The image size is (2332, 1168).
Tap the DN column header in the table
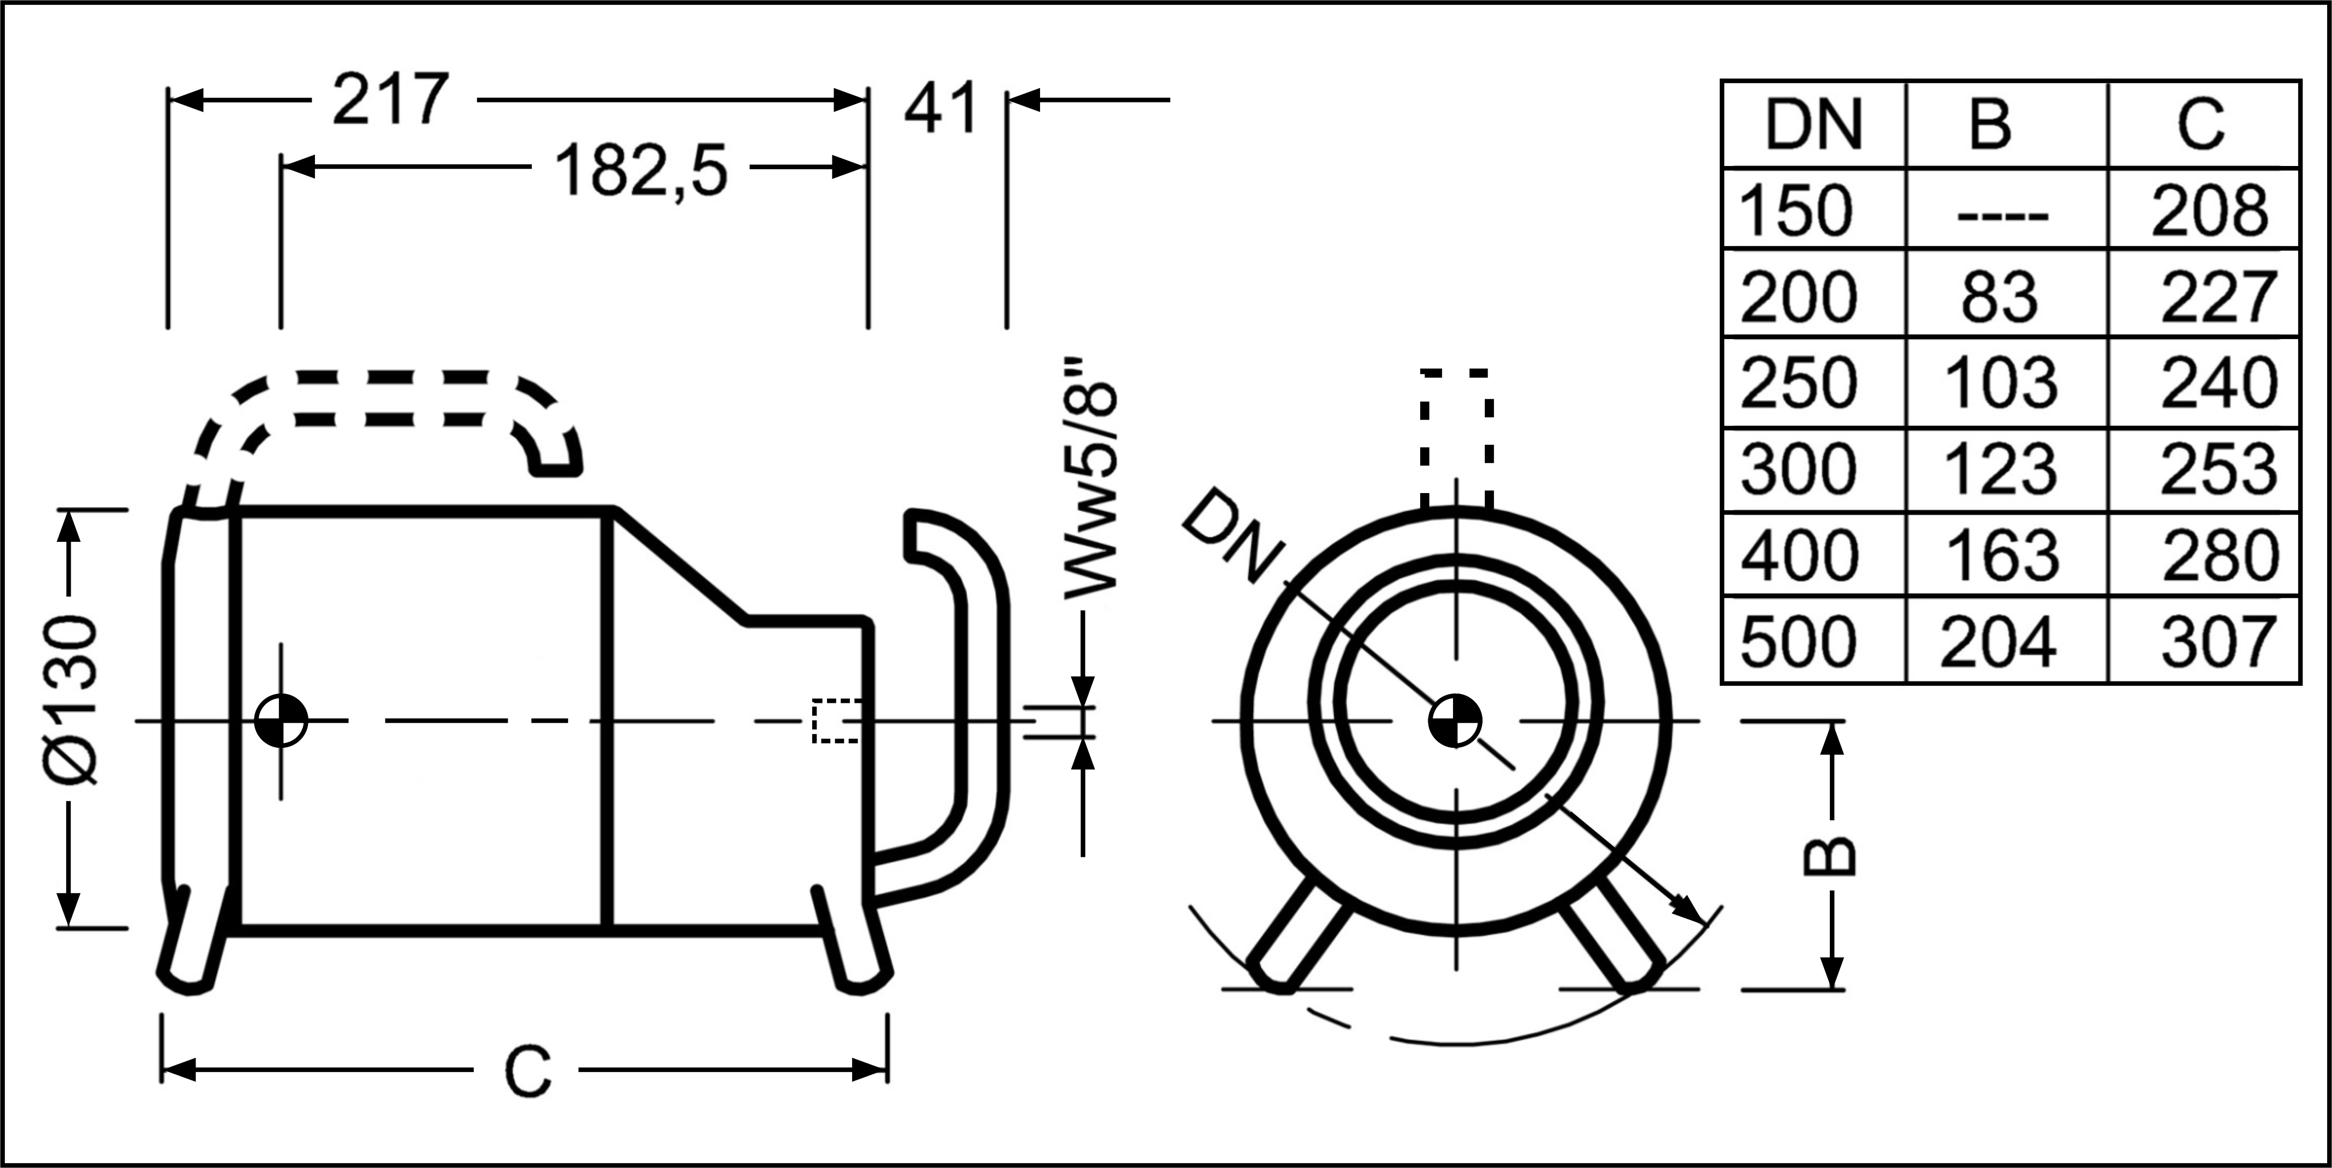point(1813,125)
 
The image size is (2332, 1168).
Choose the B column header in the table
point(1990,125)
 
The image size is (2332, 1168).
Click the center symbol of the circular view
point(1455,722)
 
